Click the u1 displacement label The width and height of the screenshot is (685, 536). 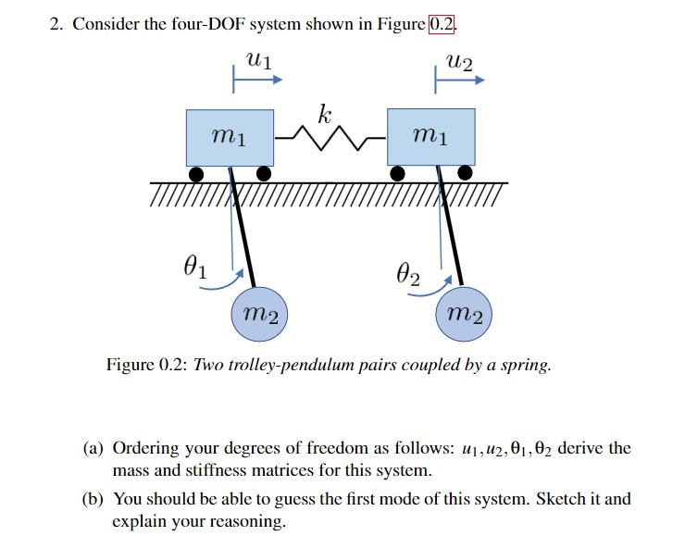259,60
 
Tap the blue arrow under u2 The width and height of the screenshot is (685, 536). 460,81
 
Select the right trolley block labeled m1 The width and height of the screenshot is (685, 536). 431,137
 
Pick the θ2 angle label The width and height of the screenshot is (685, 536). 406,275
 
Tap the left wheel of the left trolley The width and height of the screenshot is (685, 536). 196,173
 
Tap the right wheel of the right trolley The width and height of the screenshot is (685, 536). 466,173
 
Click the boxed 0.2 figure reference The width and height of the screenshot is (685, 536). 442,24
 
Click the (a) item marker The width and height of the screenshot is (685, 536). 93,448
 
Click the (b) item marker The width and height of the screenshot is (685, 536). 93,499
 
